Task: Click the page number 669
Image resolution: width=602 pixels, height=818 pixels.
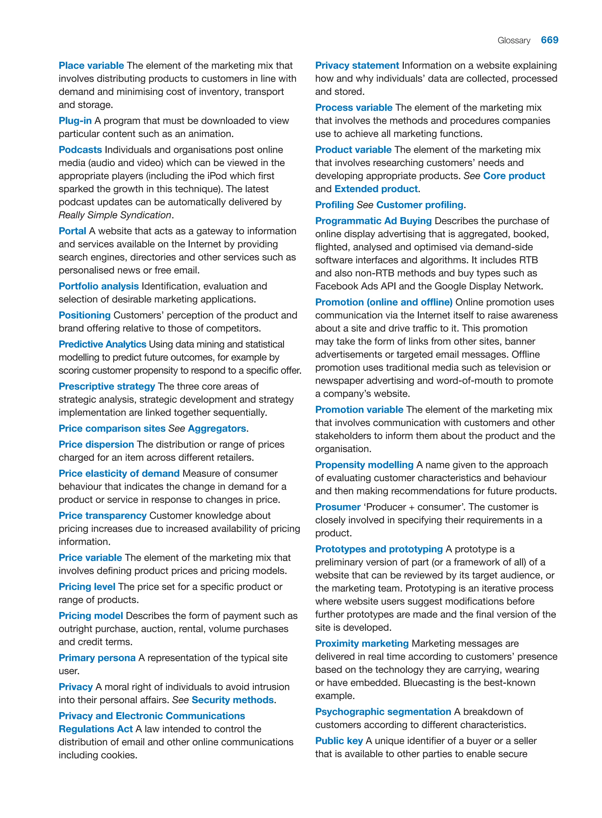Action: [549, 40]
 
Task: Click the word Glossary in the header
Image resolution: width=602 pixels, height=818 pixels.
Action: [514, 41]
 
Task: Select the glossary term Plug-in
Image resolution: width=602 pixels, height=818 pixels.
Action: [75, 121]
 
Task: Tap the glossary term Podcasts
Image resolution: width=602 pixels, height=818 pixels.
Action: [80, 150]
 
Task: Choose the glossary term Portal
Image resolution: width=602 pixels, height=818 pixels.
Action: [72, 231]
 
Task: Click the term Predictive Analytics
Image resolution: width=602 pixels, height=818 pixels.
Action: [102, 344]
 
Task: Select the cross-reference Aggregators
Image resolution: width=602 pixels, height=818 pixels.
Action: [217, 428]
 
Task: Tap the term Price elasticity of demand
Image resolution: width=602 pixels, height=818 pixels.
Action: [119, 473]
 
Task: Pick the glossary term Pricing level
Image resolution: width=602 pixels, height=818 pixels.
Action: [87, 587]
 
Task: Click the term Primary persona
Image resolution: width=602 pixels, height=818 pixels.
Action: [97, 658]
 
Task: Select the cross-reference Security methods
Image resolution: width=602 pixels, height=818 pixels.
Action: [233, 700]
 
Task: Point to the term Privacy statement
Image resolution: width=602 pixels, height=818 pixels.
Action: [357, 66]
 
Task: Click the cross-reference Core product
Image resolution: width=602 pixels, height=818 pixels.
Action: [514, 176]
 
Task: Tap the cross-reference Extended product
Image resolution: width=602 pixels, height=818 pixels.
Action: [376, 189]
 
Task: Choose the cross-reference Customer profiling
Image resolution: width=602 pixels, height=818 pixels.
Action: [419, 205]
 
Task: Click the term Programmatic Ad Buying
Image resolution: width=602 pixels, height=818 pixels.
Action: [373, 221]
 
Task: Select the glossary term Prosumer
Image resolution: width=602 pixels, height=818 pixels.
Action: [337, 507]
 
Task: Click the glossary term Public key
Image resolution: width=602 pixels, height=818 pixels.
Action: [339, 740]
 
